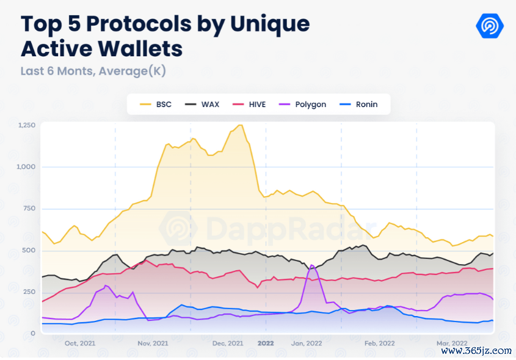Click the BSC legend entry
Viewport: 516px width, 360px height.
coord(156,105)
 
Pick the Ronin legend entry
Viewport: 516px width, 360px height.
coord(360,105)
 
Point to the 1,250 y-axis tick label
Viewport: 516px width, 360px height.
coord(27,125)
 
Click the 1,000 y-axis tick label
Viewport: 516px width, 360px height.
coord(27,167)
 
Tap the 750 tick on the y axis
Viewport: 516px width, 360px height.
coord(29,209)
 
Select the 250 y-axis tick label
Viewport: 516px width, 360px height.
coord(29,292)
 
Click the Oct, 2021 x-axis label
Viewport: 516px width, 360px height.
coord(79,343)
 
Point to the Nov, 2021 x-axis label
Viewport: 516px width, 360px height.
coord(153,343)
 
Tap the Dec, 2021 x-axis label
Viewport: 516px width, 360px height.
coord(228,343)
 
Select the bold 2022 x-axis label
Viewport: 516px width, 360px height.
coord(266,343)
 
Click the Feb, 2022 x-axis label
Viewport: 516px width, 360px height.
coord(379,343)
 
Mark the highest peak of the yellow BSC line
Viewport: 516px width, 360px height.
coord(240,125)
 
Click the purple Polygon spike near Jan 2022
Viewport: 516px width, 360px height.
coord(312,265)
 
